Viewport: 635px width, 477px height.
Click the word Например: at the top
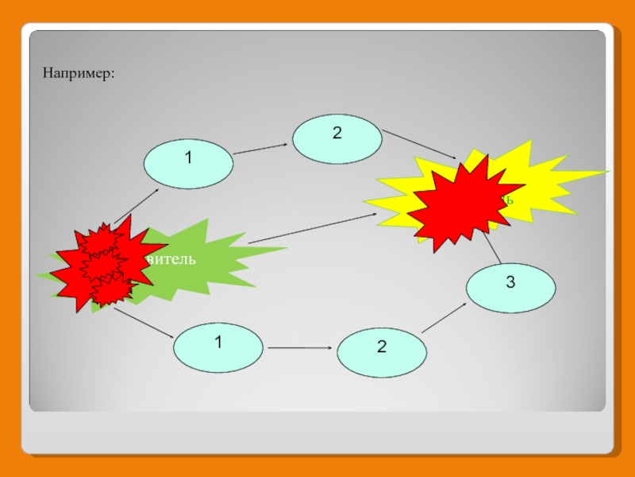coord(79,73)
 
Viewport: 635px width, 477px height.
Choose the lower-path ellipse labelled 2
coord(382,353)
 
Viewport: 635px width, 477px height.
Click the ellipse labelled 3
coord(510,288)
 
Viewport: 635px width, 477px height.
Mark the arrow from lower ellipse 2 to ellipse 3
coord(444,318)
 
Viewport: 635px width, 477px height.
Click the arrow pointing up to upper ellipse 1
coord(137,207)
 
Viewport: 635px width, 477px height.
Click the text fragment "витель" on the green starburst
coord(170,260)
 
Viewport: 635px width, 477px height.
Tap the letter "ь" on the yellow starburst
coord(509,199)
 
